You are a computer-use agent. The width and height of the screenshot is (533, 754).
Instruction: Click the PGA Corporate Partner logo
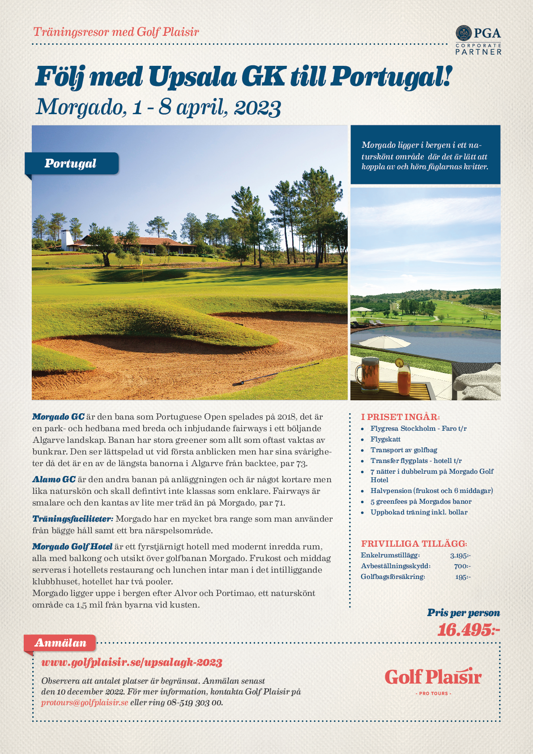pos(478,40)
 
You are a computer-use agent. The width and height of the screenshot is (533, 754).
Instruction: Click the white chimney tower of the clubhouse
pos(67,240)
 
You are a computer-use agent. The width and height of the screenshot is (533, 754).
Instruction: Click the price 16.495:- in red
pos(468,630)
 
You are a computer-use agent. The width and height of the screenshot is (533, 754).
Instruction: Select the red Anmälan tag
pos(60,643)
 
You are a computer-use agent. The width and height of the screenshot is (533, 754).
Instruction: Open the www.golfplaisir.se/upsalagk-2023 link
pos(132,662)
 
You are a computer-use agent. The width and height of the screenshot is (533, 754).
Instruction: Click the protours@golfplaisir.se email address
pos(85,703)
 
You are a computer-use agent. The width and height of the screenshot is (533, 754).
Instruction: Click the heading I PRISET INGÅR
pos(400,417)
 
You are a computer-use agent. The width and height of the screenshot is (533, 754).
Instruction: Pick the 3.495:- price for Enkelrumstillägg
pos(460,556)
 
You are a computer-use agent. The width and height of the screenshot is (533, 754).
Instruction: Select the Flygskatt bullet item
pos(385,439)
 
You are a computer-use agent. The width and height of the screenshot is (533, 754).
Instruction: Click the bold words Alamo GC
pos(54,480)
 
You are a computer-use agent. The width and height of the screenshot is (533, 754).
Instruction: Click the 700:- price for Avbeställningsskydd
pos(462,566)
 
